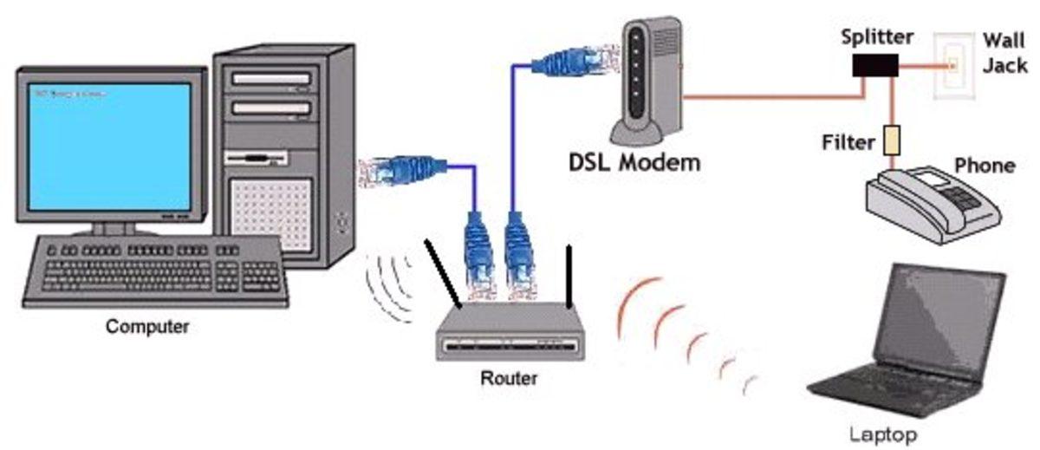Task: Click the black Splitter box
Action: pyautogui.click(x=873, y=64)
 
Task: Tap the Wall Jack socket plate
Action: pyautogui.click(x=953, y=65)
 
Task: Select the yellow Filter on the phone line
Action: pyautogui.click(x=888, y=140)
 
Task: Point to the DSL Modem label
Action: pyautogui.click(x=634, y=161)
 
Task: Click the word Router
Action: pyautogui.click(x=508, y=378)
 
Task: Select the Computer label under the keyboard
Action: pyautogui.click(x=147, y=328)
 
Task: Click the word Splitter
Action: pyautogui.click(x=877, y=37)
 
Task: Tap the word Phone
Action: pyautogui.click(x=984, y=165)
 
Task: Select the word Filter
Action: pyautogui.click(x=849, y=140)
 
